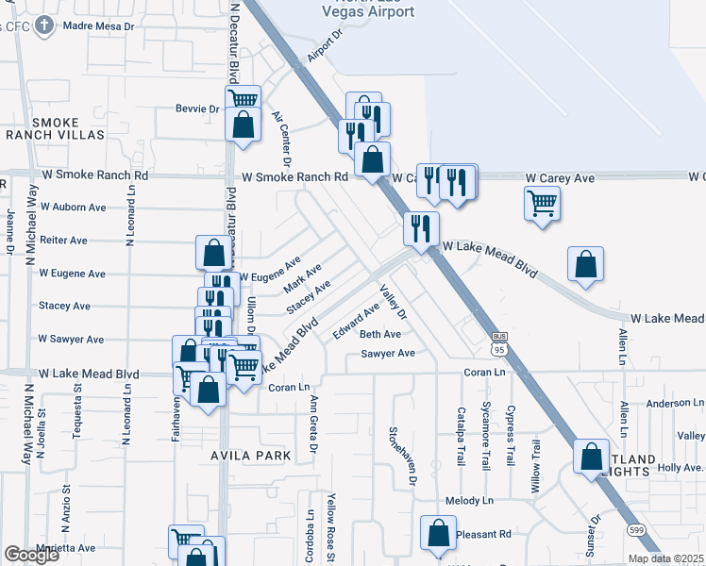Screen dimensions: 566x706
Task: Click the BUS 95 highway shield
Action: tap(500, 343)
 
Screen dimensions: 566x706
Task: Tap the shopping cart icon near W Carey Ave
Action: tap(543, 203)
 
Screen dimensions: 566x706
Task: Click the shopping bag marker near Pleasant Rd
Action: tap(439, 533)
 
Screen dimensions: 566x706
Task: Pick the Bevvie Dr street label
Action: tap(197, 108)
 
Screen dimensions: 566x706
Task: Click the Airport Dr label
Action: tap(322, 42)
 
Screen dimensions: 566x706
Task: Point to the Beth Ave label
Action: tap(380, 334)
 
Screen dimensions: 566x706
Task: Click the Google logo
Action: tap(31, 555)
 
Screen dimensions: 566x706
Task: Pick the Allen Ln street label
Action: tap(623, 347)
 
